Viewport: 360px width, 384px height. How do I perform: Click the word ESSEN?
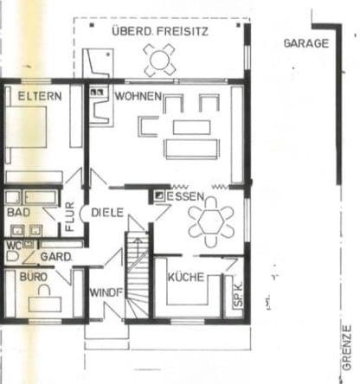pos(186,197)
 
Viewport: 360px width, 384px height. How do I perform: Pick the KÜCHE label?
pos(186,277)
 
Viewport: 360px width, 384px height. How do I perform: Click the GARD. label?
pos(55,256)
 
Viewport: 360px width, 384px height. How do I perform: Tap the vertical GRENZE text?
pos(348,346)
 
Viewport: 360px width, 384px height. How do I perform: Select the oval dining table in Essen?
pos(211,221)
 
